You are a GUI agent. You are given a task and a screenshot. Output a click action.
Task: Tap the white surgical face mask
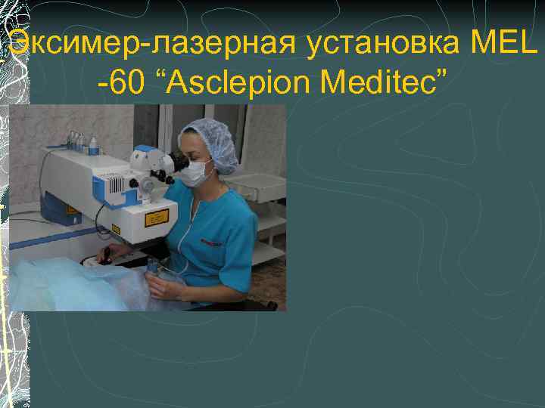[x=196, y=173]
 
